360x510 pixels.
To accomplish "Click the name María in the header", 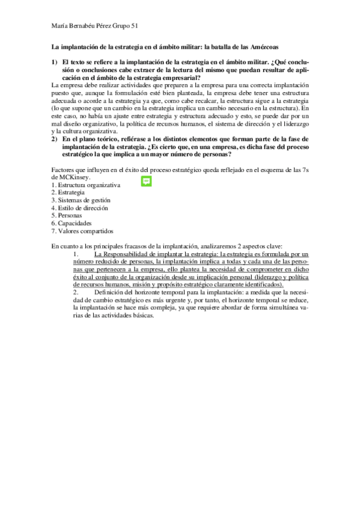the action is pos(61,25).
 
